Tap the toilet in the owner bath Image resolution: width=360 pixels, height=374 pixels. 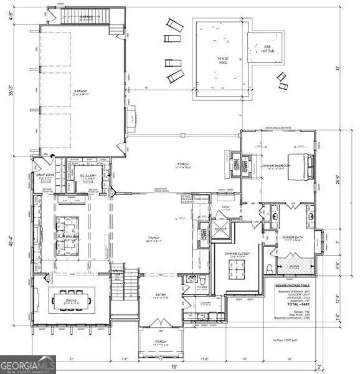(268, 268)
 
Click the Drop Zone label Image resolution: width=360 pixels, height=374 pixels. (45, 176)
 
